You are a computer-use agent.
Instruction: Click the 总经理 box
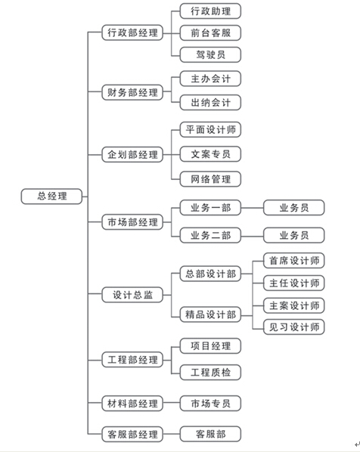coord(51,197)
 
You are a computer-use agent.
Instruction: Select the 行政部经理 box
coord(132,33)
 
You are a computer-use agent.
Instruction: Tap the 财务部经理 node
coord(132,92)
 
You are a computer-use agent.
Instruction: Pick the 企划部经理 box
coord(132,154)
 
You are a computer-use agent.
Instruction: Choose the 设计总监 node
coord(132,295)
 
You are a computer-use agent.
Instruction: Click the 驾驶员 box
coord(210,54)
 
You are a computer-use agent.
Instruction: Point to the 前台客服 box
coord(210,33)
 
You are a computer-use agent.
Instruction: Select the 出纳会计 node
coord(210,102)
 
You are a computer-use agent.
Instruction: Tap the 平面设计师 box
coord(210,130)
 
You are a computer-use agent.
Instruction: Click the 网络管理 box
coord(210,179)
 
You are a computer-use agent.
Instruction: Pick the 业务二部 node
coord(210,235)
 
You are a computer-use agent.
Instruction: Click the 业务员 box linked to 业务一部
coord(294,208)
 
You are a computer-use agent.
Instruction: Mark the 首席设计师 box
coord(294,261)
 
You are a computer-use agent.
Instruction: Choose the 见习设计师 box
coord(294,327)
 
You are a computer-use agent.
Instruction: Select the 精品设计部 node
coord(210,314)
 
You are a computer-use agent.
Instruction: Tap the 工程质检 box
coord(210,372)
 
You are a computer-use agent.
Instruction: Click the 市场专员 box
coord(210,404)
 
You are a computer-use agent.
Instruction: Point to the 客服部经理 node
coord(132,434)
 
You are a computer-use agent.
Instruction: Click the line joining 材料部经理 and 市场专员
coord(172,403)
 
